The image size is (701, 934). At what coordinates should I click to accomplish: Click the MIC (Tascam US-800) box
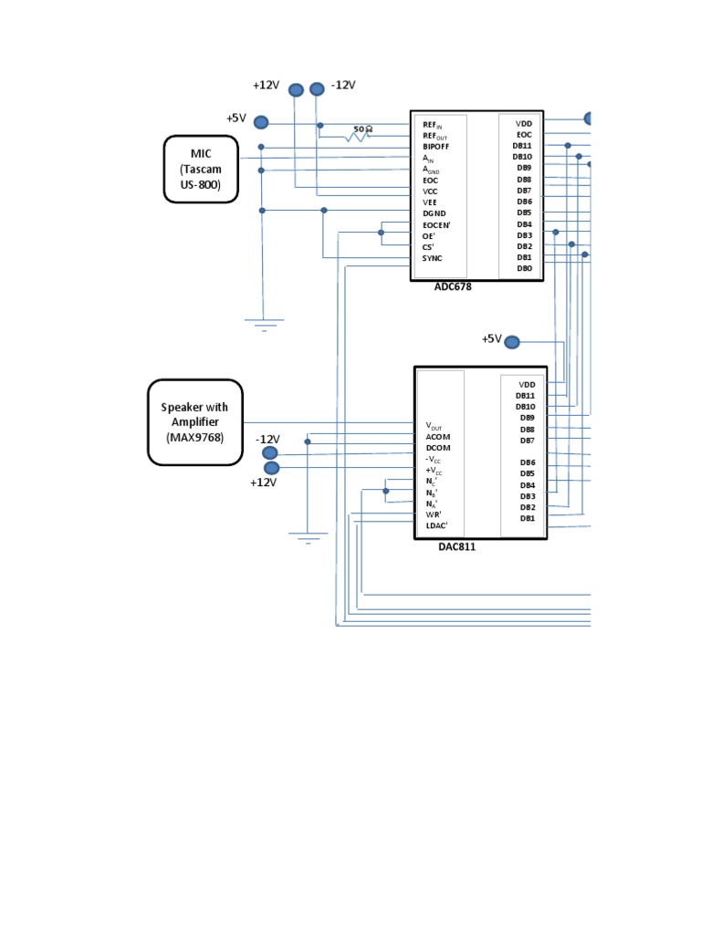[x=201, y=169]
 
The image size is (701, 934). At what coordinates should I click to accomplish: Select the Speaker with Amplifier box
[x=194, y=422]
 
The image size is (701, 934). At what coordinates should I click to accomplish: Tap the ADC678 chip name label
[x=454, y=286]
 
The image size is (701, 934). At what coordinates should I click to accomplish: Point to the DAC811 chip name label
[x=457, y=546]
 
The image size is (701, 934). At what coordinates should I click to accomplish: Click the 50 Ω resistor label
[x=362, y=130]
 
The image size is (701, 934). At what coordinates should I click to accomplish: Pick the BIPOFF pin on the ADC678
[x=435, y=146]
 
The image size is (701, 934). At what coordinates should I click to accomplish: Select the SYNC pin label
[x=432, y=258]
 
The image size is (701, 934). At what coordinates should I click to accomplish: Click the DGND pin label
[x=434, y=213]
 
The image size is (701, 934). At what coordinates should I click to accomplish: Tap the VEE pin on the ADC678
[x=430, y=202]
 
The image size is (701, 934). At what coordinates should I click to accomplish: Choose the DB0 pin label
[x=524, y=269]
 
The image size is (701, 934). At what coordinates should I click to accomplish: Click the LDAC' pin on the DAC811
[x=437, y=525]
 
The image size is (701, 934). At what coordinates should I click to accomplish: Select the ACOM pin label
[x=438, y=437]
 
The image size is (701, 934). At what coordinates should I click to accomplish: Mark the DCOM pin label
[x=438, y=448]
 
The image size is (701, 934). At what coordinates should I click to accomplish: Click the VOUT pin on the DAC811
[x=434, y=426]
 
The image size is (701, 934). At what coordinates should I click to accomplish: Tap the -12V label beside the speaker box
[x=267, y=439]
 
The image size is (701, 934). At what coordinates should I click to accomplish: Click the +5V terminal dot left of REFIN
[x=261, y=122]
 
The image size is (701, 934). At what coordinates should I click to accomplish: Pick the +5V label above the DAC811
[x=492, y=339]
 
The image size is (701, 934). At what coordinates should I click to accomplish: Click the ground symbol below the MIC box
[x=264, y=322]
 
